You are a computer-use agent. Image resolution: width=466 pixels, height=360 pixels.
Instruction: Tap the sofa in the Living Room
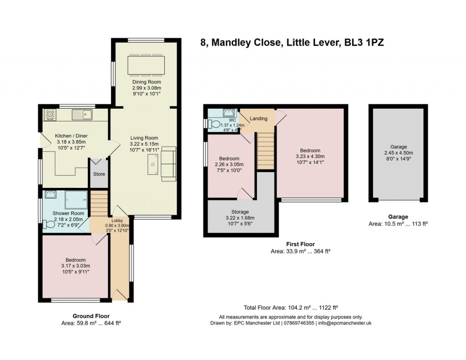pyautogui.click(x=169, y=164)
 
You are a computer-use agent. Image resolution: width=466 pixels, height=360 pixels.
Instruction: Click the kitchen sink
pyautogui.click(x=82, y=114)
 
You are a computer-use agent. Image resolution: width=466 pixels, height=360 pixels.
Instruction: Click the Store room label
pyautogui.click(x=99, y=174)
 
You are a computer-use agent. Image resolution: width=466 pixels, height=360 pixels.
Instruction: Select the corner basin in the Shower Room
pyautogui.click(x=49, y=195)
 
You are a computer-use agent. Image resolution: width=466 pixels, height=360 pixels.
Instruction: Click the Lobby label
pyautogui.click(x=117, y=221)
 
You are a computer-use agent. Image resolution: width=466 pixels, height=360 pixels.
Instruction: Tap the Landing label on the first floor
pyautogui.click(x=258, y=119)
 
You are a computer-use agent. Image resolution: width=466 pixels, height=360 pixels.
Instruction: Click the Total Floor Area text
pyautogui.click(x=291, y=307)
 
